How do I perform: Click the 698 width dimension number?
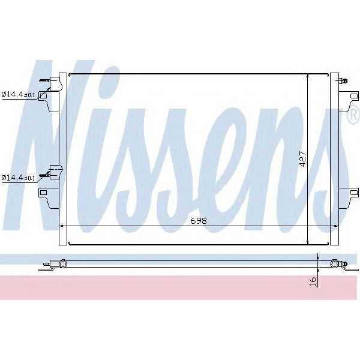pyautogui.click(x=198, y=221)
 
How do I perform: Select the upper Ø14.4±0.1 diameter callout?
pyautogui.click(x=18, y=94)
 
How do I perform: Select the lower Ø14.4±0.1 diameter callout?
pyautogui.click(x=18, y=178)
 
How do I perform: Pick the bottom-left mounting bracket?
pyautogui.click(x=46, y=193)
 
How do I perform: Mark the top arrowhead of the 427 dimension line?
pyautogui.click(x=308, y=76)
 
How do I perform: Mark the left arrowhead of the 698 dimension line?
pyautogui.click(x=62, y=226)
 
